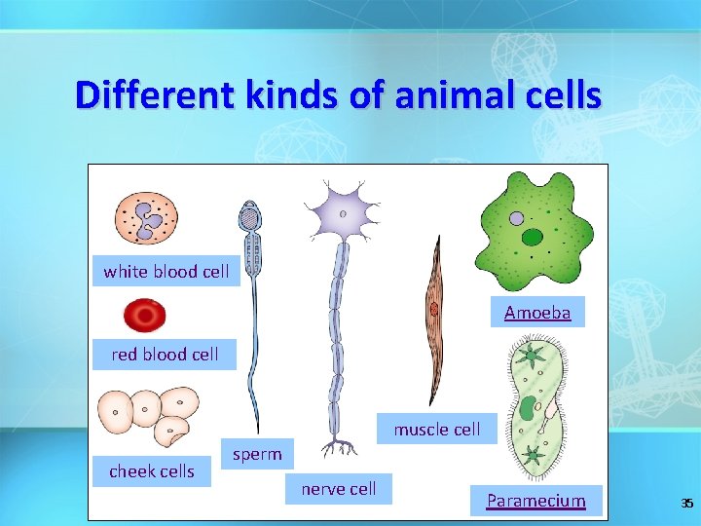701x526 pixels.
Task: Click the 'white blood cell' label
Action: (x=166, y=272)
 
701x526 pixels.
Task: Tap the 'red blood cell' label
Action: (x=166, y=355)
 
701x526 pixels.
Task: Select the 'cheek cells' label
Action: (x=152, y=471)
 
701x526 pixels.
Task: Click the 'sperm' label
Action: (x=257, y=454)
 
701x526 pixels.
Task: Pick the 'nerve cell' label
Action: (x=338, y=489)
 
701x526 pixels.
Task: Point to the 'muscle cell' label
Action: (x=436, y=430)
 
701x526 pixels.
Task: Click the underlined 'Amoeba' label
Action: (x=537, y=313)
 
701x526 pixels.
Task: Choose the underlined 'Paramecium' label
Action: (x=536, y=502)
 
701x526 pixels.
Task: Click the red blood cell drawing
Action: (x=145, y=316)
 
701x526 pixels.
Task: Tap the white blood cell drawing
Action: (x=147, y=217)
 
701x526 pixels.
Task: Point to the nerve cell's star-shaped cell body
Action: (x=342, y=212)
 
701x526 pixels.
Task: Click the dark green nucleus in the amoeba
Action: (x=533, y=237)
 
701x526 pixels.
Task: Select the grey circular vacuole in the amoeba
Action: (x=517, y=219)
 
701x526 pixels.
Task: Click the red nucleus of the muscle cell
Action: (x=433, y=310)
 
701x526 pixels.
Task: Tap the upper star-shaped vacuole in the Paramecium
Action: (x=532, y=356)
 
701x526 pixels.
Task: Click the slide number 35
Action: (x=686, y=504)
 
